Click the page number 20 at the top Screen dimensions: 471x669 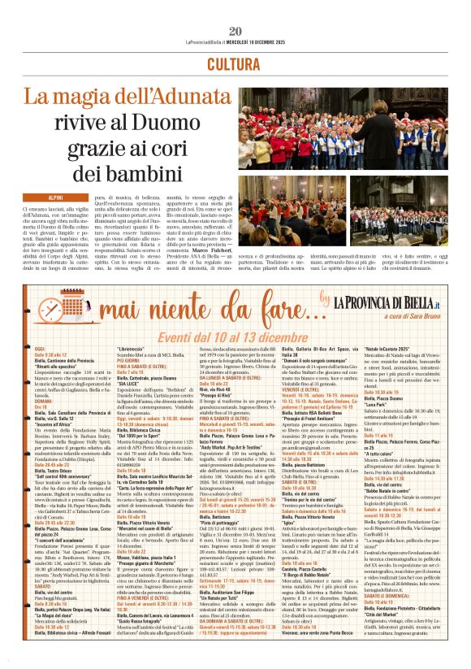(235, 8)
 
